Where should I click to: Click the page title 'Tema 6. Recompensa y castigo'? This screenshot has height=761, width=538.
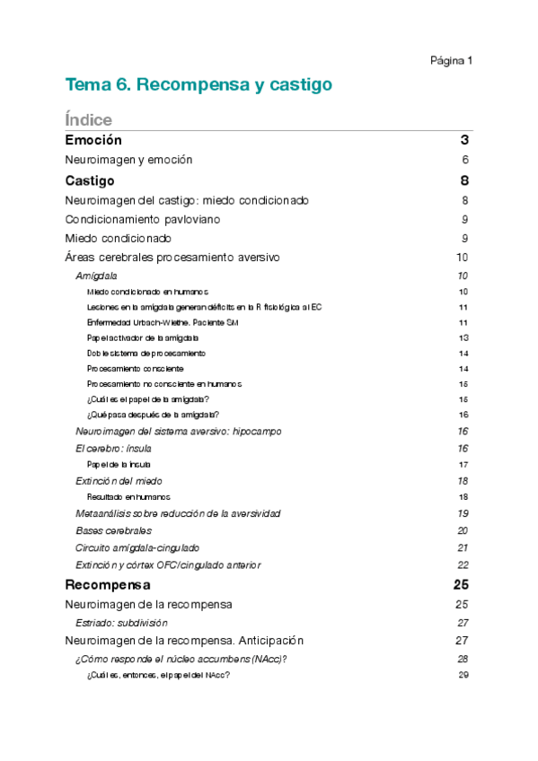point(198,85)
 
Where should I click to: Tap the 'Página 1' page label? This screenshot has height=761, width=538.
point(451,60)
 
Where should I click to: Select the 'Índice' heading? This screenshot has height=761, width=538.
point(88,119)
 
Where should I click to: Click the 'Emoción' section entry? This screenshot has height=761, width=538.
point(93,140)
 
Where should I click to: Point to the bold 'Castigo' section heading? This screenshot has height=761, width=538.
point(90,181)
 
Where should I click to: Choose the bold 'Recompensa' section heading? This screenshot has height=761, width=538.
point(108,584)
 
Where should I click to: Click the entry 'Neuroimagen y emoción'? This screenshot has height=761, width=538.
point(128,160)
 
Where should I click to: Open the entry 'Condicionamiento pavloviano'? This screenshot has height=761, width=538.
point(143,219)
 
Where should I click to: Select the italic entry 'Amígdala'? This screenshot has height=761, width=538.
point(96,276)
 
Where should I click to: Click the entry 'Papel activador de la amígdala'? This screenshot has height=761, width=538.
point(142,337)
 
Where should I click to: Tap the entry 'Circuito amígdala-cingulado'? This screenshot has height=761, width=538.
point(137,547)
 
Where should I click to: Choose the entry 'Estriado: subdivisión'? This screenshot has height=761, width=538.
point(121,622)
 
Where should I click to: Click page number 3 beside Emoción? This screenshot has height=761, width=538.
point(464,140)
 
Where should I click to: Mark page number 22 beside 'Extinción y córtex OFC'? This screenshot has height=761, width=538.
point(463,564)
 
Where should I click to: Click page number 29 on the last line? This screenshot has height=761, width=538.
point(464,675)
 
